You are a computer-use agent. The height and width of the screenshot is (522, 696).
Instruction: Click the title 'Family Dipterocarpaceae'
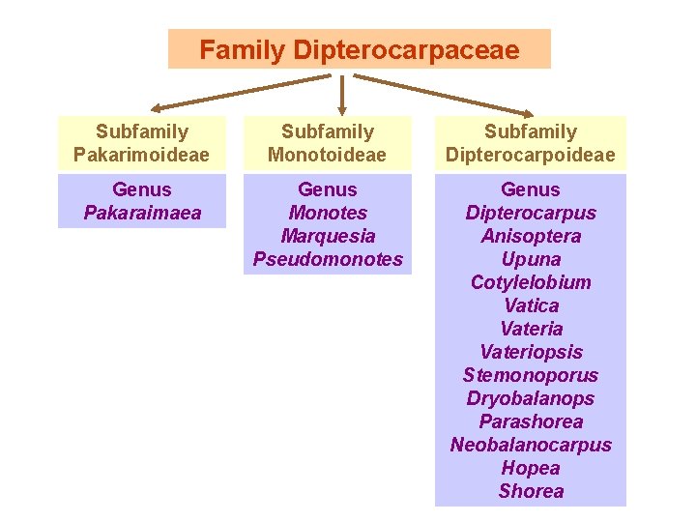click(x=359, y=49)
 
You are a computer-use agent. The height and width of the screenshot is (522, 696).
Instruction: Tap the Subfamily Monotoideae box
click(x=327, y=143)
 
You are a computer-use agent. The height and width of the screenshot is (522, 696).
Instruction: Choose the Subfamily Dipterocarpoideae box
click(x=530, y=143)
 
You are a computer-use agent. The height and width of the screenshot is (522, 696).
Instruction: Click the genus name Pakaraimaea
click(x=142, y=213)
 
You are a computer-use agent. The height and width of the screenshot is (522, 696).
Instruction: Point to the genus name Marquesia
click(x=327, y=236)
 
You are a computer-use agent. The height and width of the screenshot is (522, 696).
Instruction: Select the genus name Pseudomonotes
click(x=327, y=259)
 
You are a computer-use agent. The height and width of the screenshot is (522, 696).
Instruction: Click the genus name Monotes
click(x=327, y=213)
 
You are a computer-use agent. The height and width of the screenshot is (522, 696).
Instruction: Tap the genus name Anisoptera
click(x=530, y=236)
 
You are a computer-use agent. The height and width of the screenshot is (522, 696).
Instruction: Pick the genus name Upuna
click(x=530, y=259)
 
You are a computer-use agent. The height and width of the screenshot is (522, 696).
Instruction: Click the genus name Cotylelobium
click(x=530, y=282)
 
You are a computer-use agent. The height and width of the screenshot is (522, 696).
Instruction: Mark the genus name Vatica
click(x=530, y=305)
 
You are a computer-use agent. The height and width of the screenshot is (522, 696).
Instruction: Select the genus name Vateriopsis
click(x=530, y=352)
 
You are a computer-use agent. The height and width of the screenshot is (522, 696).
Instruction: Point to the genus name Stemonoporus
click(x=530, y=375)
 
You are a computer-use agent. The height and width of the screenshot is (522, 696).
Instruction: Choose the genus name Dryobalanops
click(x=530, y=398)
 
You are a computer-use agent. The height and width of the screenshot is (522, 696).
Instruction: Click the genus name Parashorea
click(x=530, y=421)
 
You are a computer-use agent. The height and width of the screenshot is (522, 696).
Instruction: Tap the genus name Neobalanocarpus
click(x=530, y=445)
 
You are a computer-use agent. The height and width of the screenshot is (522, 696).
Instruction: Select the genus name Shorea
click(x=530, y=491)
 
